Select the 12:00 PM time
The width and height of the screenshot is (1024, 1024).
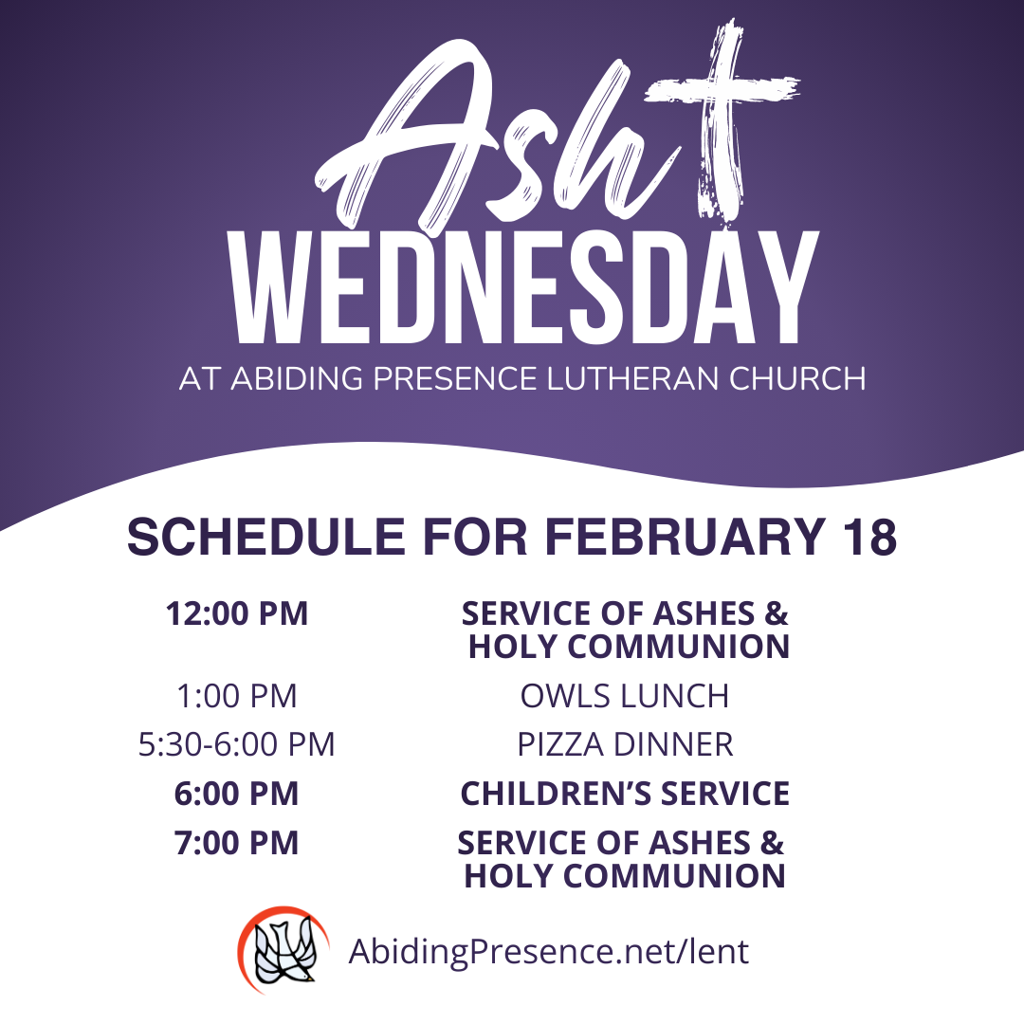point(237,613)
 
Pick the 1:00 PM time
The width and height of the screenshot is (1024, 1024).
point(237,696)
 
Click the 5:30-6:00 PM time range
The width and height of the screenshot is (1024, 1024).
point(237,745)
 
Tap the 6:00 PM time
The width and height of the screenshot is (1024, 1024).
point(237,794)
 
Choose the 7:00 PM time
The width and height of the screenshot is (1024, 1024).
point(237,843)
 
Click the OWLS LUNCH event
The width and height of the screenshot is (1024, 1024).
point(625,696)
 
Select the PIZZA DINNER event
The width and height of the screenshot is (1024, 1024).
point(625,745)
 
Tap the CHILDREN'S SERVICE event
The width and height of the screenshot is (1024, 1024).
point(625,794)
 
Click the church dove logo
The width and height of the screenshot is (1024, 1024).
point(283,950)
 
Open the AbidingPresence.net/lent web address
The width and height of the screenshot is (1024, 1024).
point(548,951)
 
